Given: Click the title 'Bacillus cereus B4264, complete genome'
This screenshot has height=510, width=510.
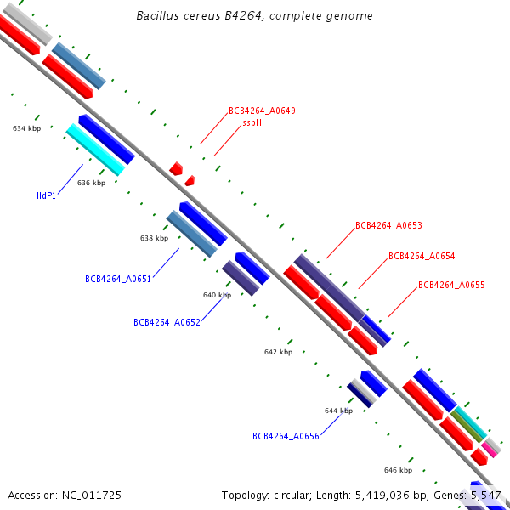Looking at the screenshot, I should coord(254,16).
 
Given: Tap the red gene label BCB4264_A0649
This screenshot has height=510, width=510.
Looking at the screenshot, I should coord(262,111).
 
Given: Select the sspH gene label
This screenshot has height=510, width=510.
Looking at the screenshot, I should coord(252,122).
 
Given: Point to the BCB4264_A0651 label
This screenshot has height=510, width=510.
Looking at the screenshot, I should coord(118,279).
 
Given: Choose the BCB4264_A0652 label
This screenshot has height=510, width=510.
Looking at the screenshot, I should coord(167,322).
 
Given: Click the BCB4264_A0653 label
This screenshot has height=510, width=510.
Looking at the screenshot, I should coord(388,226).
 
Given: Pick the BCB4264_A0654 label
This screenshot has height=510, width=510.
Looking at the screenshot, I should coord(422,256).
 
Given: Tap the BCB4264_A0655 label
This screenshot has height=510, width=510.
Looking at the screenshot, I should coord(451,286).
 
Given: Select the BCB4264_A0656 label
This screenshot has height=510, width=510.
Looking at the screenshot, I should coord(286,436).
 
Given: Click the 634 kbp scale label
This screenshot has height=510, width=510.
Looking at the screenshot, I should coord(27,128).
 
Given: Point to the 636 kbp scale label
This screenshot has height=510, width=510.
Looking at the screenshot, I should coord(91,183).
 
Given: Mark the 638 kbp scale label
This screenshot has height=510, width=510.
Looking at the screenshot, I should coord(154,239).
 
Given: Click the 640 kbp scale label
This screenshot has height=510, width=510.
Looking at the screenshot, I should coord(217,295).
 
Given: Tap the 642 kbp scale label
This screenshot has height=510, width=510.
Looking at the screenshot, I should coord(278,352).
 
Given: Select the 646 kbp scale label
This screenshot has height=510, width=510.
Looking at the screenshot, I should coord(398,470).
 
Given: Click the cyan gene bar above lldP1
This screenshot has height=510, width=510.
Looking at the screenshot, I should coord(95,150).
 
